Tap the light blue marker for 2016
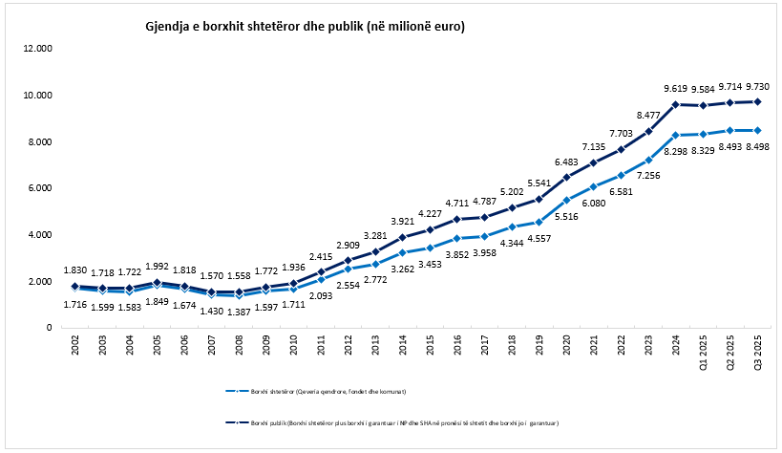pyautogui.click(x=458, y=238)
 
